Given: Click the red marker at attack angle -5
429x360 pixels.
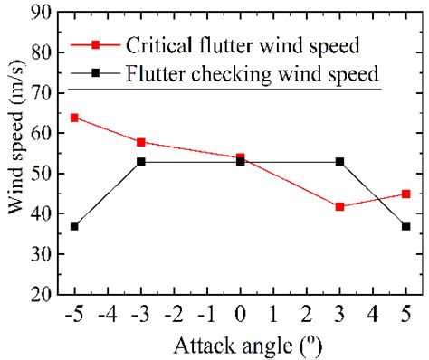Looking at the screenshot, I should [x=74, y=118].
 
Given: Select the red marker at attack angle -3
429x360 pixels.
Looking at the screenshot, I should [x=140, y=142].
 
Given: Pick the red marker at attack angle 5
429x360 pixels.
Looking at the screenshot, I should [x=405, y=194].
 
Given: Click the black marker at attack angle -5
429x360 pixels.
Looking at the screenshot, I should [x=74, y=226].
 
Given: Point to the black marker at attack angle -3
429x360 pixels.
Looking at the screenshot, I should [x=140, y=162].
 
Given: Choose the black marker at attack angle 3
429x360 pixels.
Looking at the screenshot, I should [x=339, y=162].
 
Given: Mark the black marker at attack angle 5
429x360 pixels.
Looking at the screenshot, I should [x=405, y=226].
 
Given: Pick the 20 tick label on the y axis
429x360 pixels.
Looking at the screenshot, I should [x=40, y=294].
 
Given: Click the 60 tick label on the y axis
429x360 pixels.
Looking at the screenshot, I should [x=40, y=133].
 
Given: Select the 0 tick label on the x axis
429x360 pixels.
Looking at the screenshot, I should [x=240, y=317].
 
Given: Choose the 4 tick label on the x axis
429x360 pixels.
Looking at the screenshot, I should [x=373, y=317].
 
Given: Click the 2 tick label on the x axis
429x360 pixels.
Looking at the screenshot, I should [x=306, y=317].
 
